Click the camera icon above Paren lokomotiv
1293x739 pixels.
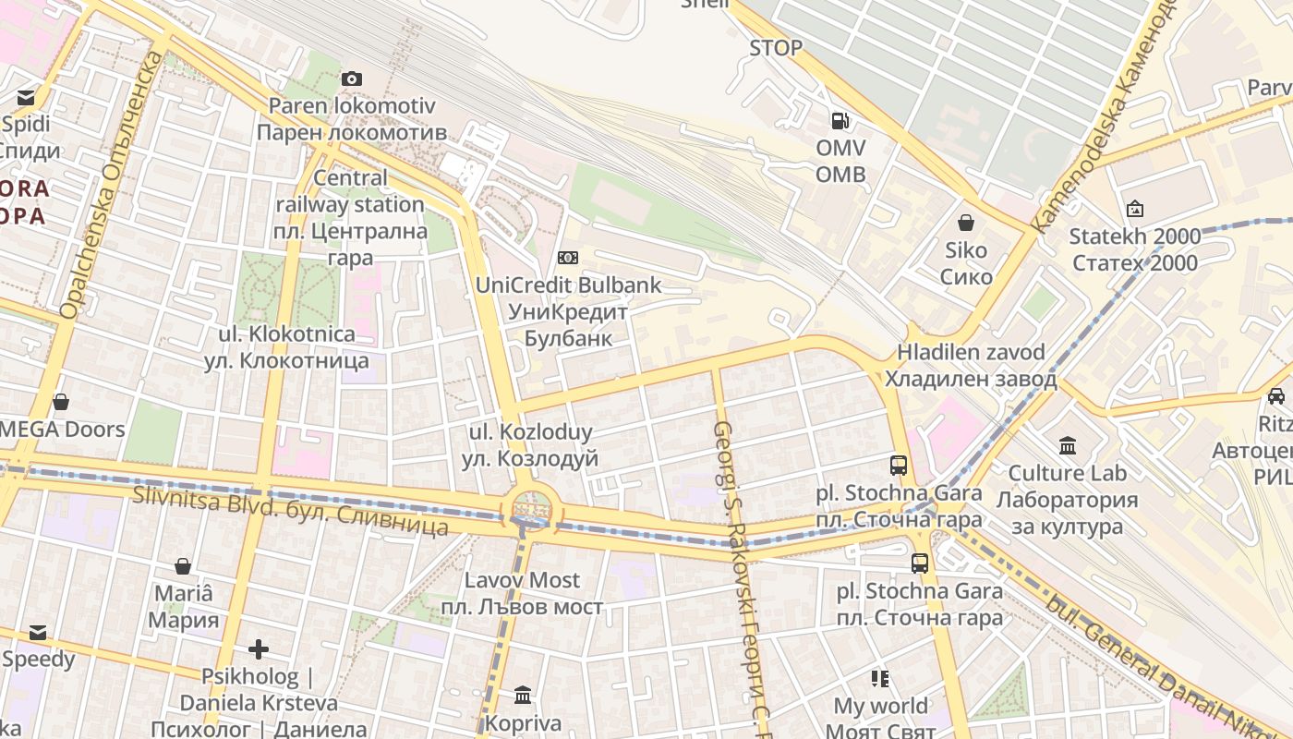(x=351, y=79)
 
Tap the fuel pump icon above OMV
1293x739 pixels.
(x=840, y=120)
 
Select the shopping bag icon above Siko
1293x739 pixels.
(x=966, y=223)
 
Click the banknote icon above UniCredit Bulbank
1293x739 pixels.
(x=568, y=258)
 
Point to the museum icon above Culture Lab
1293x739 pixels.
(x=1068, y=446)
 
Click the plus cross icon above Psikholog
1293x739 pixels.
(x=259, y=649)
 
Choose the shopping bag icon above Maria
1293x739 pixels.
(x=183, y=566)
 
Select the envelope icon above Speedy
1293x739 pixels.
(x=38, y=633)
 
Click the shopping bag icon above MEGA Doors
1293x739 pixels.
(x=61, y=402)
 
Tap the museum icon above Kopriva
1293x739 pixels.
(x=523, y=695)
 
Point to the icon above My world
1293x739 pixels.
(x=880, y=679)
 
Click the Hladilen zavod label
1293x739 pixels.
(x=971, y=366)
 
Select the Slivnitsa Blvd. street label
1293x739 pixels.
(x=290, y=510)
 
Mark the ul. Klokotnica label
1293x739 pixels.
(x=286, y=347)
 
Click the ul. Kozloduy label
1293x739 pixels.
(x=530, y=444)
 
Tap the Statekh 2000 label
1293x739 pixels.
(x=1135, y=249)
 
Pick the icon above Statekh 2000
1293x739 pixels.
(x=1135, y=210)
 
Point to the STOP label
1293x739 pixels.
(x=776, y=48)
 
